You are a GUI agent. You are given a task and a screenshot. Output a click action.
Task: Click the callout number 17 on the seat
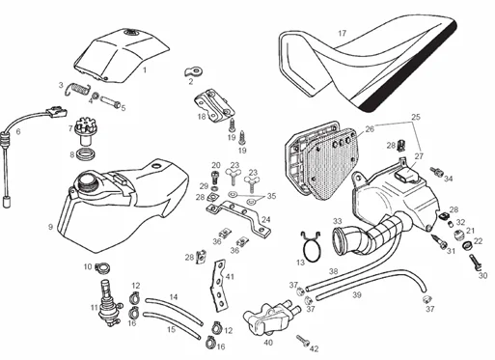click(x=343, y=33)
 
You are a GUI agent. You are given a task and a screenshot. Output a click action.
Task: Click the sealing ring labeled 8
click(x=86, y=153)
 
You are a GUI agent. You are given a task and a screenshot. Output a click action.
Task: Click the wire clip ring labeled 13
click(x=311, y=246)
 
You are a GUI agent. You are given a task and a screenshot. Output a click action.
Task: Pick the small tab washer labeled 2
click(x=194, y=71)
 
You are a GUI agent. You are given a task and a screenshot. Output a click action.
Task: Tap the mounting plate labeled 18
click(x=213, y=105)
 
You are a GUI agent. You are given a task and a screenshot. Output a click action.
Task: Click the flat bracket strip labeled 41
click(x=219, y=286)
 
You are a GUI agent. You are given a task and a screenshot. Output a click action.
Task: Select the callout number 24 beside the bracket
click(x=266, y=220)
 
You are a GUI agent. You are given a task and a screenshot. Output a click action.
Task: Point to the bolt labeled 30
click(x=475, y=263)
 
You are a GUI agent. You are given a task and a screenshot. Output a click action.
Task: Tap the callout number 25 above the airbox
click(x=416, y=117)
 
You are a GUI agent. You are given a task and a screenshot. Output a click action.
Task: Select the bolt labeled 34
click(x=437, y=172)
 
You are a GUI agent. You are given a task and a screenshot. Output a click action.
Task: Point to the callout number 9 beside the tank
click(x=50, y=227)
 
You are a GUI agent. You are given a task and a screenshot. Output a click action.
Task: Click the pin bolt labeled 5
click(x=110, y=101)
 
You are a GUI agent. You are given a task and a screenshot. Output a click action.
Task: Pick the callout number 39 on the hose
click(x=357, y=294)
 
